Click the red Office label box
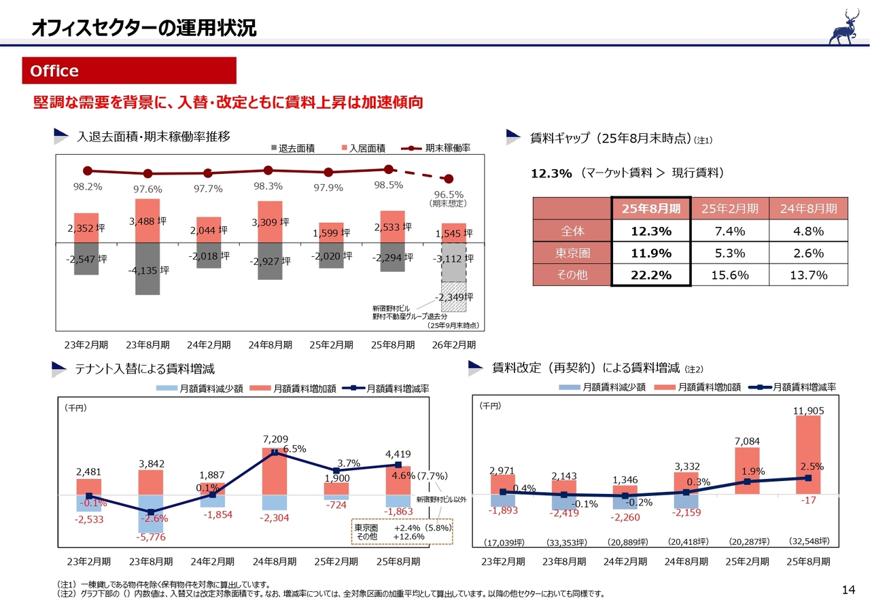click(129, 71)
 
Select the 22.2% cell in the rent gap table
click(651, 275)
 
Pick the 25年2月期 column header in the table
click(730, 209)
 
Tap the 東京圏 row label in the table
click(572, 253)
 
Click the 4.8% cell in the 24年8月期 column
click(808, 231)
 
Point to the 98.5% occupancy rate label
click(389, 185)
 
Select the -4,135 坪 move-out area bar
click(147, 268)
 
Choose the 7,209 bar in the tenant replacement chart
click(275, 471)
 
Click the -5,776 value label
click(150, 537)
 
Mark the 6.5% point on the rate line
click(275, 451)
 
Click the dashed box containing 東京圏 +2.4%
click(402, 532)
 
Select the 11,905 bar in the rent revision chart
click(808, 455)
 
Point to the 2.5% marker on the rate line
click(808, 478)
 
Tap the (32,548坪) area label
click(808, 542)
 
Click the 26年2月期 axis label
click(454, 344)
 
